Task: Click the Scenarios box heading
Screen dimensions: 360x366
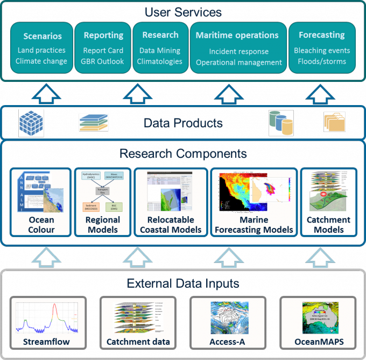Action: click(x=43, y=37)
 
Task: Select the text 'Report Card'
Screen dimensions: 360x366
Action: click(x=103, y=51)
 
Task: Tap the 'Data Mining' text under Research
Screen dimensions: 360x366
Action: click(x=160, y=51)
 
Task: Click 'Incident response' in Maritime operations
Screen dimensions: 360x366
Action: click(x=239, y=52)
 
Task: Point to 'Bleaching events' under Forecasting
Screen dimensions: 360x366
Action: click(x=322, y=51)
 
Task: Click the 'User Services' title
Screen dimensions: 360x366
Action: click(x=183, y=11)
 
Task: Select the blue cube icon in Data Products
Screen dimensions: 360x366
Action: click(x=31, y=123)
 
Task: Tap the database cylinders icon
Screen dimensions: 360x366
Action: click(x=281, y=123)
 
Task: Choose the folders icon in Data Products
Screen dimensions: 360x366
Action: click(x=334, y=122)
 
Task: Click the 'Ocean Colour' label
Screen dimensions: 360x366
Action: click(x=42, y=225)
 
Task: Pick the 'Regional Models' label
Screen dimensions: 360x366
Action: click(x=102, y=225)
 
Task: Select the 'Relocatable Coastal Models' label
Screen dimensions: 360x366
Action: click(x=171, y=225)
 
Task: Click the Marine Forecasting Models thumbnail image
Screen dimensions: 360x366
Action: click(x=254, y=193)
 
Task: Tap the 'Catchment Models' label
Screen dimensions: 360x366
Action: click(x=328, y=225)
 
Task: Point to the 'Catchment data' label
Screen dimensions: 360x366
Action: click(x=138, y=342)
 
